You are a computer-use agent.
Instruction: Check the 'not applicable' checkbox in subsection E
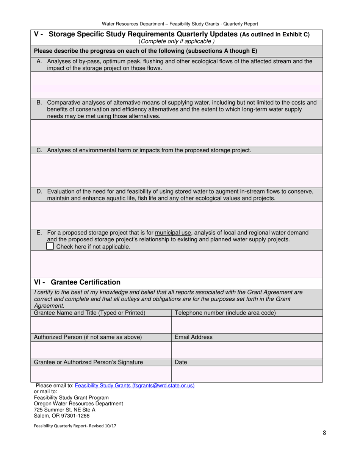click(x=50, y=246)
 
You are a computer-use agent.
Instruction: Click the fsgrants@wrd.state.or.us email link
click(x=135, y=385)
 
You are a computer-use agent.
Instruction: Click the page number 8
click(x=324, y=434)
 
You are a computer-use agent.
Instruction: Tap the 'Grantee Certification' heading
click(x=85, y=282)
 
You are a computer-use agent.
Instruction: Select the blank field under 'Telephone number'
click(x=247, y=325)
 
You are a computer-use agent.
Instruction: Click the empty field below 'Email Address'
click(x=247, y=350)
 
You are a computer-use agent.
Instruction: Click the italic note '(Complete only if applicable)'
click(x=177, y=41)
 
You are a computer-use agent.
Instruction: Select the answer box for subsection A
click(x=176, y=85)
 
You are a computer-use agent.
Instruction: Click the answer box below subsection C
click(x=176, y=171)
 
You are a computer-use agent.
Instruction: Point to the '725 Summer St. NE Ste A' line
click(x=65, y=410)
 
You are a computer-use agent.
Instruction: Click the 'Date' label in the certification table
click(x=181, y=362)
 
